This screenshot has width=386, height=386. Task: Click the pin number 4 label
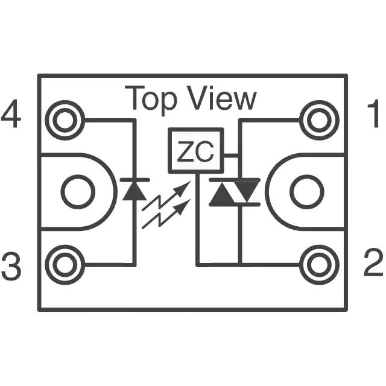pos(11,113)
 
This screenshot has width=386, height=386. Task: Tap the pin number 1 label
pos(373,113)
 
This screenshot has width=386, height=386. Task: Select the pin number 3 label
pos(11,265)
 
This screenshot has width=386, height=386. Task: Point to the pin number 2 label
pos(373,262)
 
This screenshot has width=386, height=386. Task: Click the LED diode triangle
pos(134,191)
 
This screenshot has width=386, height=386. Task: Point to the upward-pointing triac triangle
pos(222,194)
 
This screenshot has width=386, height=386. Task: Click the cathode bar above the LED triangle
pos(134,180)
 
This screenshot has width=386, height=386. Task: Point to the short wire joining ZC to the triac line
pos(231,156)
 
